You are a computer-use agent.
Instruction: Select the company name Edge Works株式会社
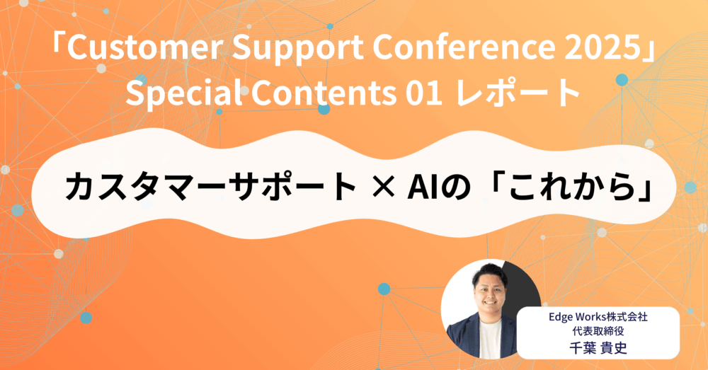[x=598, y=317]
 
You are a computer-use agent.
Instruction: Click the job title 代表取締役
[x=598, y=332]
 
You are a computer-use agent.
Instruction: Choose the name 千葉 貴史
[x=598, y=348]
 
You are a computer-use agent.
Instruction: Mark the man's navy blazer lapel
[x=470, y=333]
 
